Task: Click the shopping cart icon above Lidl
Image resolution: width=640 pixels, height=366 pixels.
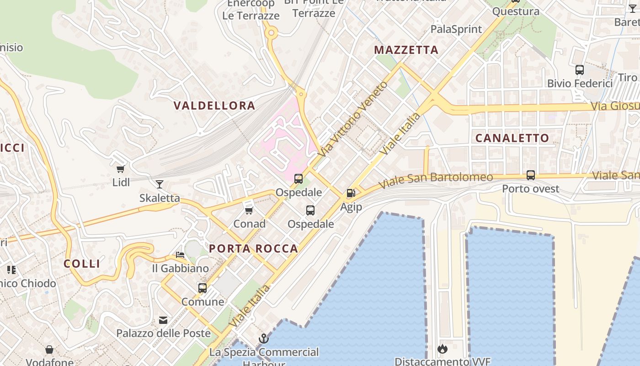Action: tap(121, 169)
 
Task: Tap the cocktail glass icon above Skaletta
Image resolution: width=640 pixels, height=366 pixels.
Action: tap(160, 184)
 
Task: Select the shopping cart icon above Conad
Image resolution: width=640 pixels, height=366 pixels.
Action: tap(249, 210)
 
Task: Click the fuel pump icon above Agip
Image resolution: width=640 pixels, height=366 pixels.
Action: tap(351, 194)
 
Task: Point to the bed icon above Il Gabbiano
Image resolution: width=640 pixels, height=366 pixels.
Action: tap(180, 255)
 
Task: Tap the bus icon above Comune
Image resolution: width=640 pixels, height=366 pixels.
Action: tap(203, 288)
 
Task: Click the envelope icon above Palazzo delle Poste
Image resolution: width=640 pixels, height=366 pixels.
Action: tap(163, 320)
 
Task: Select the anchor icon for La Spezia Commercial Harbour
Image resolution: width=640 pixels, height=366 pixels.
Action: tap(264, 339)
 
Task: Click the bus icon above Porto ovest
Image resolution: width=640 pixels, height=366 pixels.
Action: tap(531, 175)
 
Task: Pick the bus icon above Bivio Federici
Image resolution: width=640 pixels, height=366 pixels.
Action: tap(580, 70)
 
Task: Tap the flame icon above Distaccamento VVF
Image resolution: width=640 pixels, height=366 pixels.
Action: tap(442, 349)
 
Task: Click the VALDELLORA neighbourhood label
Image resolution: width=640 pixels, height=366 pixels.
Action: tap(214, 106)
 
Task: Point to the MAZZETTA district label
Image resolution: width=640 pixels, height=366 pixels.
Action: tap(406, 50)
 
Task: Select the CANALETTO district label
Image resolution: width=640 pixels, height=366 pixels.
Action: tap(512, 138)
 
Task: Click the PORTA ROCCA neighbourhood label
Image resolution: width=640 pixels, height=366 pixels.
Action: tap(253, 249)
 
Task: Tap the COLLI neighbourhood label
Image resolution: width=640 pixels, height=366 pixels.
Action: tap(82, 264)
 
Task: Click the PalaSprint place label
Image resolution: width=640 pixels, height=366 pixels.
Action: tap(456, 29)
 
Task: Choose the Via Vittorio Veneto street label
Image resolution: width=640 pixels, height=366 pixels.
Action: tap(354, 118)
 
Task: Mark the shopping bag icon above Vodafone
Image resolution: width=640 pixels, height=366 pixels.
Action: tap(49, 350)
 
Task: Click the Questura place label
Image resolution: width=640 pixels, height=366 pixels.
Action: tap(516, 11)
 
